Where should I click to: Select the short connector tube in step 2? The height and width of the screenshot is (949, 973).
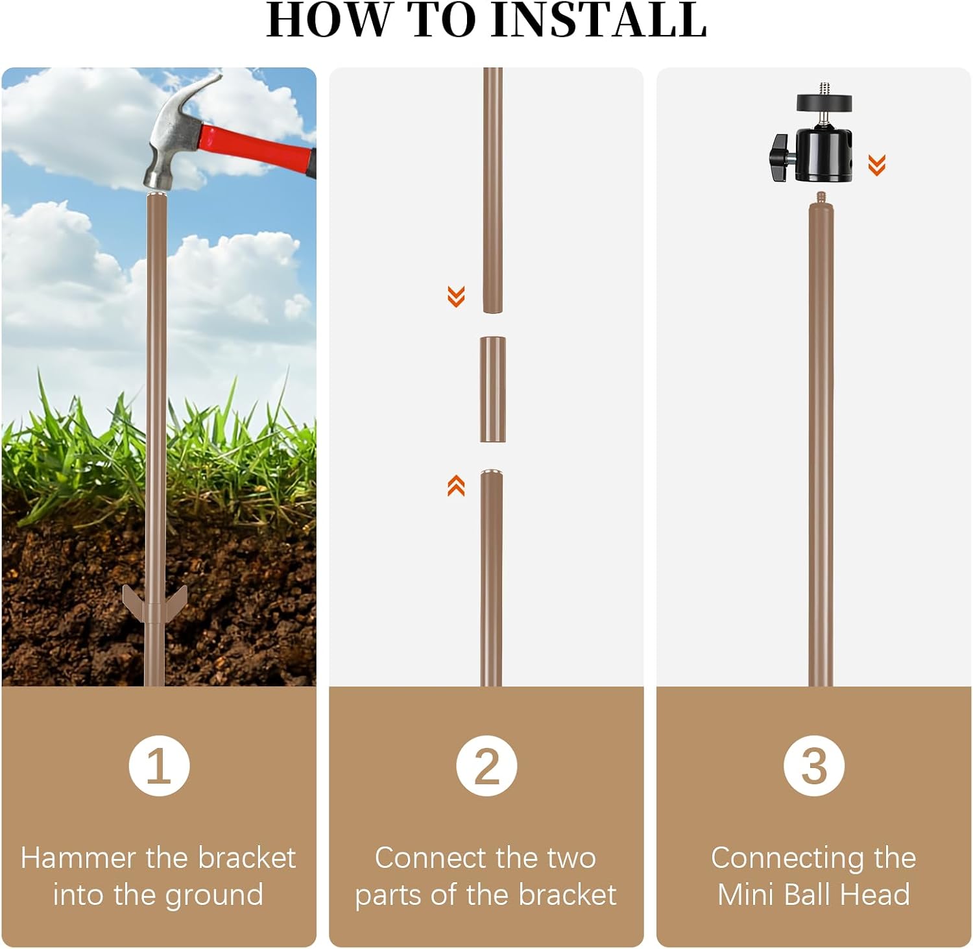pos(492,389)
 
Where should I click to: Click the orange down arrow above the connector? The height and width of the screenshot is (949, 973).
pos(456,296)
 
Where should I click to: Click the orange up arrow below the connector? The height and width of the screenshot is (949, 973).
pos(456,485)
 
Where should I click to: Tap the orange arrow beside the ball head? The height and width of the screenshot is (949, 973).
pos(877,165)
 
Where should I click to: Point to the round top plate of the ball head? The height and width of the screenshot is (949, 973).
pos(824,102)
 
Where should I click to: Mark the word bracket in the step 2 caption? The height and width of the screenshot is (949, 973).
pos(567,895)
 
